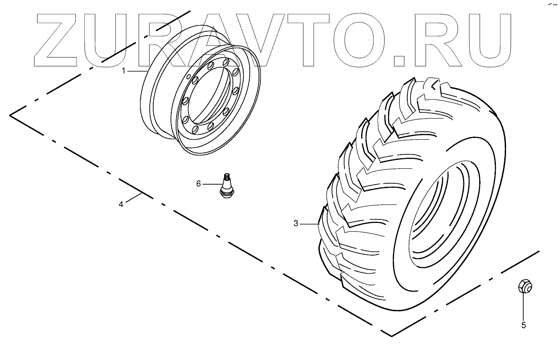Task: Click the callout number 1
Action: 124,71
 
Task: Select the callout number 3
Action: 296,224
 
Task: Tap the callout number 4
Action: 121,204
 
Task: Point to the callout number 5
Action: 524,326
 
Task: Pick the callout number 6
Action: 198,183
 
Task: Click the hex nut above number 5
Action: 523,286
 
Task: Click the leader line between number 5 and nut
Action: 523,306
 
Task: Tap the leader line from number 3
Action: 309,224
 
